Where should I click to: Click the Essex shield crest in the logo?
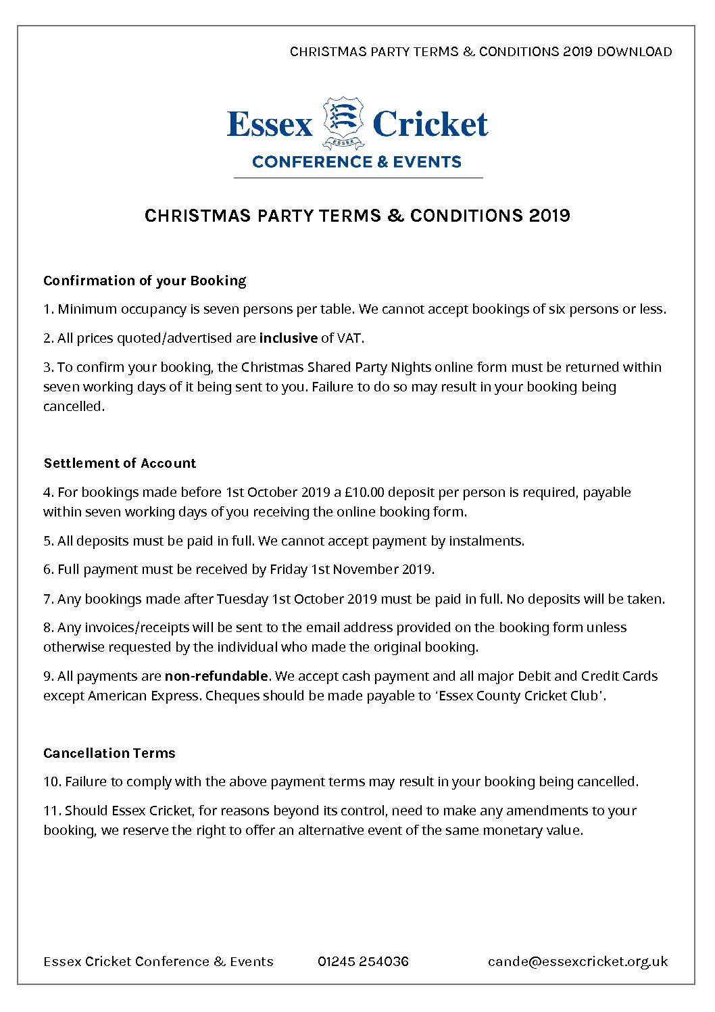pos(343,122)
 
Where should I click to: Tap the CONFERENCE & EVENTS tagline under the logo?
pos(357,162)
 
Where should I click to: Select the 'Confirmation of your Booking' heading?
pos(145,281)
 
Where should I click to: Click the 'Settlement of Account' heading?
pos(120,463)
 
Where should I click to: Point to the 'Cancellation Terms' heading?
pos(109,753)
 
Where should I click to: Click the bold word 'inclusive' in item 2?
pos(288,338)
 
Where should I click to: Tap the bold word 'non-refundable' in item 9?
pos(216,676)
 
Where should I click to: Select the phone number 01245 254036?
pos(363,961)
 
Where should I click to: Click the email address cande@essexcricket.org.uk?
pos(578,961)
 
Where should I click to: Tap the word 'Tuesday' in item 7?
pos(242,599)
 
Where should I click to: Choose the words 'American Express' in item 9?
pos(143,696)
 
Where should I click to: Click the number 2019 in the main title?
pos(549,216)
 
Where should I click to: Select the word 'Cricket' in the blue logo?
pos(430,124)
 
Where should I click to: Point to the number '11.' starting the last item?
pos(52,811)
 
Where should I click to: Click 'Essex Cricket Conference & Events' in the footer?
pos(158,961)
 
